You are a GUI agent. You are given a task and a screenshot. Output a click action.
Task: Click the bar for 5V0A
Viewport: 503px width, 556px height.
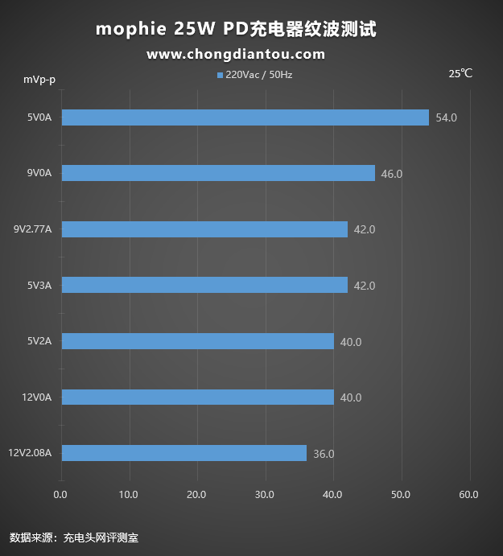(245, 117)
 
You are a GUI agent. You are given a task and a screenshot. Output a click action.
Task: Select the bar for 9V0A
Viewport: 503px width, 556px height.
(218, 173)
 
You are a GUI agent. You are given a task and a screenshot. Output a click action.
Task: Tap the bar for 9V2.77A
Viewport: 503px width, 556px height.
(204, 229)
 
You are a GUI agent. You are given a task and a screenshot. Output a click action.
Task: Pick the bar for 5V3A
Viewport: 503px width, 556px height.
(204, 285)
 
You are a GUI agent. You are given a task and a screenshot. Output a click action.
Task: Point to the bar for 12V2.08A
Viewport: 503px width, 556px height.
(183, 453)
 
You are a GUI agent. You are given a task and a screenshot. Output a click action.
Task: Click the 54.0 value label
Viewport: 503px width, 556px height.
(446, 117)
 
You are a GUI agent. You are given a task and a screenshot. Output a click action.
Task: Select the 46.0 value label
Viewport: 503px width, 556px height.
(391, 174)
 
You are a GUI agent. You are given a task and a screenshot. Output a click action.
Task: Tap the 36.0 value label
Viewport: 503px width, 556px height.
(324, 454)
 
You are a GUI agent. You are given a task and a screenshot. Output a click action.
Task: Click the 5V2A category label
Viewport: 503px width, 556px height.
(39, 341)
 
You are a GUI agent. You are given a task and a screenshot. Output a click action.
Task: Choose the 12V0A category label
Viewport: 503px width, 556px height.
(37, 397)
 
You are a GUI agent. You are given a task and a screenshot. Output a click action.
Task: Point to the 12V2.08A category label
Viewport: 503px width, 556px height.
(30, 453)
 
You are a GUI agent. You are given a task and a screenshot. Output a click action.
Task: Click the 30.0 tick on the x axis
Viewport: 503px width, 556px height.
(265, 494)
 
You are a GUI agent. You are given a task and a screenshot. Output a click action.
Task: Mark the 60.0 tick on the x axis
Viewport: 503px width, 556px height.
(468, 494)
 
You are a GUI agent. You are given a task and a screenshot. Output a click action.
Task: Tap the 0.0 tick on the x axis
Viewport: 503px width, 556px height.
(60, 494)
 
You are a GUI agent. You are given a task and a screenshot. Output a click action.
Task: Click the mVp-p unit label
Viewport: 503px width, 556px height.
(39, 79)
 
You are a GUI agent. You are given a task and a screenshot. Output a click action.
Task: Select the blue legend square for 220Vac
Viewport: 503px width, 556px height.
(220, 75)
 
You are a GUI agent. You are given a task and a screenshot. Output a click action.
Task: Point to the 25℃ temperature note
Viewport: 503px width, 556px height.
(460, 73)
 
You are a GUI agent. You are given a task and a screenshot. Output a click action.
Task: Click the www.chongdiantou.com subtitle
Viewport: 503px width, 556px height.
(236, 55)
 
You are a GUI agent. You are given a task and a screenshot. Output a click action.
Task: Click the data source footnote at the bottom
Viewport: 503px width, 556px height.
(68, 537)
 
